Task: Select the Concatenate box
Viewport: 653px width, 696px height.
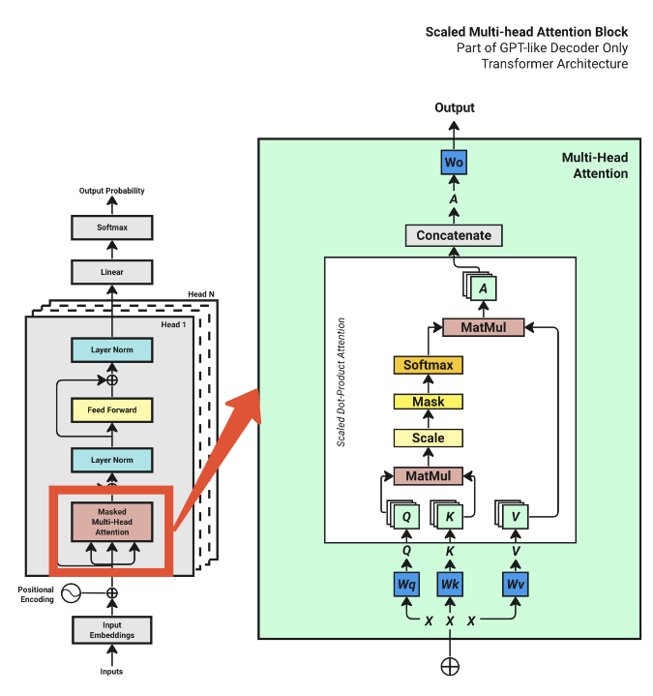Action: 454,235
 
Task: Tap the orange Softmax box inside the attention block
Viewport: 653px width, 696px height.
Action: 428,365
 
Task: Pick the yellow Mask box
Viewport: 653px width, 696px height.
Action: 428,401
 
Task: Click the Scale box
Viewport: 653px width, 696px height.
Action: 428,438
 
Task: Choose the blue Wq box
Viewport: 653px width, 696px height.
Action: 407,585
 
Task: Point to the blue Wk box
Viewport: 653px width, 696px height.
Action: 450,585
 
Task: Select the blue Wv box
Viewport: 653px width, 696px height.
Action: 515,585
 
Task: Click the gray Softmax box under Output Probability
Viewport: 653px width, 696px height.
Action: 111,228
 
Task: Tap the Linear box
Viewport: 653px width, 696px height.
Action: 111,272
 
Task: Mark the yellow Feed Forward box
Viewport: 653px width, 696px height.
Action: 111,410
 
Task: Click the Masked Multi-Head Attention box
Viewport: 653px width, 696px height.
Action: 111,521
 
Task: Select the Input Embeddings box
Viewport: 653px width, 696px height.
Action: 111,630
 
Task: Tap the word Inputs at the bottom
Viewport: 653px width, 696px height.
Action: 111,672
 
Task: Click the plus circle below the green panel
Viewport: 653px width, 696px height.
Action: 450,666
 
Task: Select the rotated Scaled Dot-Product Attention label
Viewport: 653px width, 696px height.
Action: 341,382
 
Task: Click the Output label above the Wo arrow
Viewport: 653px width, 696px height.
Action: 454,107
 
